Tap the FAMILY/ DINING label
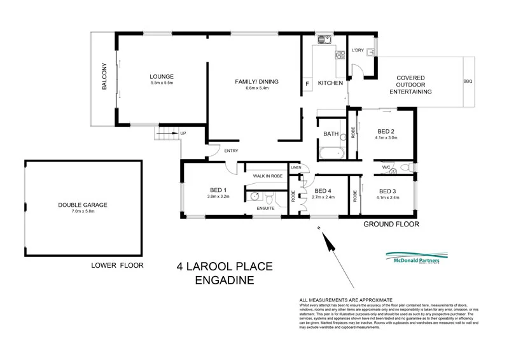(x=256, y=81)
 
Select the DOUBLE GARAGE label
(x=80, y=205)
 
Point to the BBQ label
(x=468, y=81)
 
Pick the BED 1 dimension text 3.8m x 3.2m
(x=218, y=197)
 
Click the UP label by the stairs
(x=184, y=133)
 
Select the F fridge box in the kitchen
(x=307, y=83)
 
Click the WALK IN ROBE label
(x=267, y=175)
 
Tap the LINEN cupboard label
(x=295, y=167)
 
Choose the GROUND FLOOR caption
(x=391, y=225)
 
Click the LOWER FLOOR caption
(x=117, y=265)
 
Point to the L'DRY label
(x=358, y=51)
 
